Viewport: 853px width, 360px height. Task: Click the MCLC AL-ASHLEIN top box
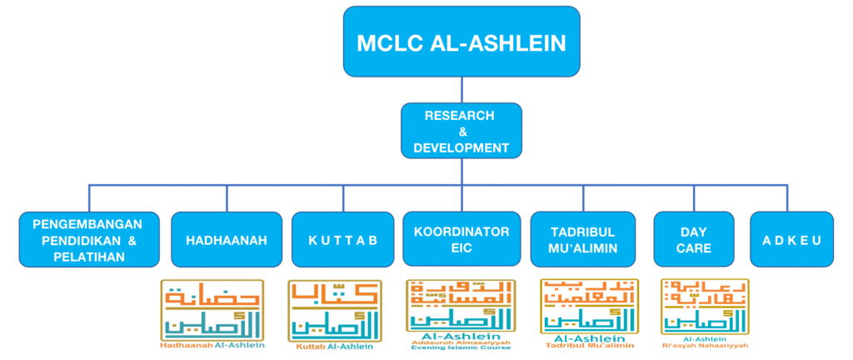pos(461,42)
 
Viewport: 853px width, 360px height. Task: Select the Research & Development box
pos(461,131)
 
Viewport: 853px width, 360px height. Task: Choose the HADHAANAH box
pos(226,240)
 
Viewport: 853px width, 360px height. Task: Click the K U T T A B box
pos(342,240)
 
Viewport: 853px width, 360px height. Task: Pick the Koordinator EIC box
pos(461,240)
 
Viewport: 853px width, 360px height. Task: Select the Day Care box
pos(694,240)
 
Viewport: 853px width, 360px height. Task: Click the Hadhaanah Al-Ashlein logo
pos(212,312)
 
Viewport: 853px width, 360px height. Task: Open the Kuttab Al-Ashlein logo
pos(335,312)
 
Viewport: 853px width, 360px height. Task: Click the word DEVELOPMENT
pos(461,147)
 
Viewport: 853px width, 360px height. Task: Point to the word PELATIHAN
pos(87,257)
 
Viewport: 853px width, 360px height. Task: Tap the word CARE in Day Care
pos(694,248)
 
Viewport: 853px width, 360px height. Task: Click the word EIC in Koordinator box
pos(461,248)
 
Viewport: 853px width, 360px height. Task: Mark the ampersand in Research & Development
pos(461,132)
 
